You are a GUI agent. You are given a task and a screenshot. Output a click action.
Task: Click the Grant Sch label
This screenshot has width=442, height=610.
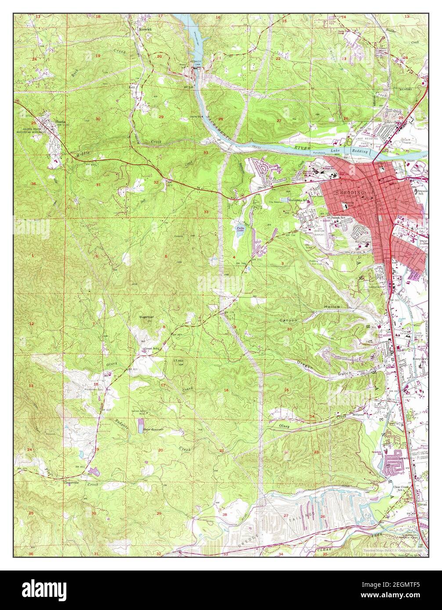[151, 349]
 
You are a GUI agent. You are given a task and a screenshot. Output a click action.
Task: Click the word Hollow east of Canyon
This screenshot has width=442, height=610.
[332, 306]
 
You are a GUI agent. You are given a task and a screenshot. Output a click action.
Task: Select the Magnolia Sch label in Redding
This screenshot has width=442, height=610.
[350, 203]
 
